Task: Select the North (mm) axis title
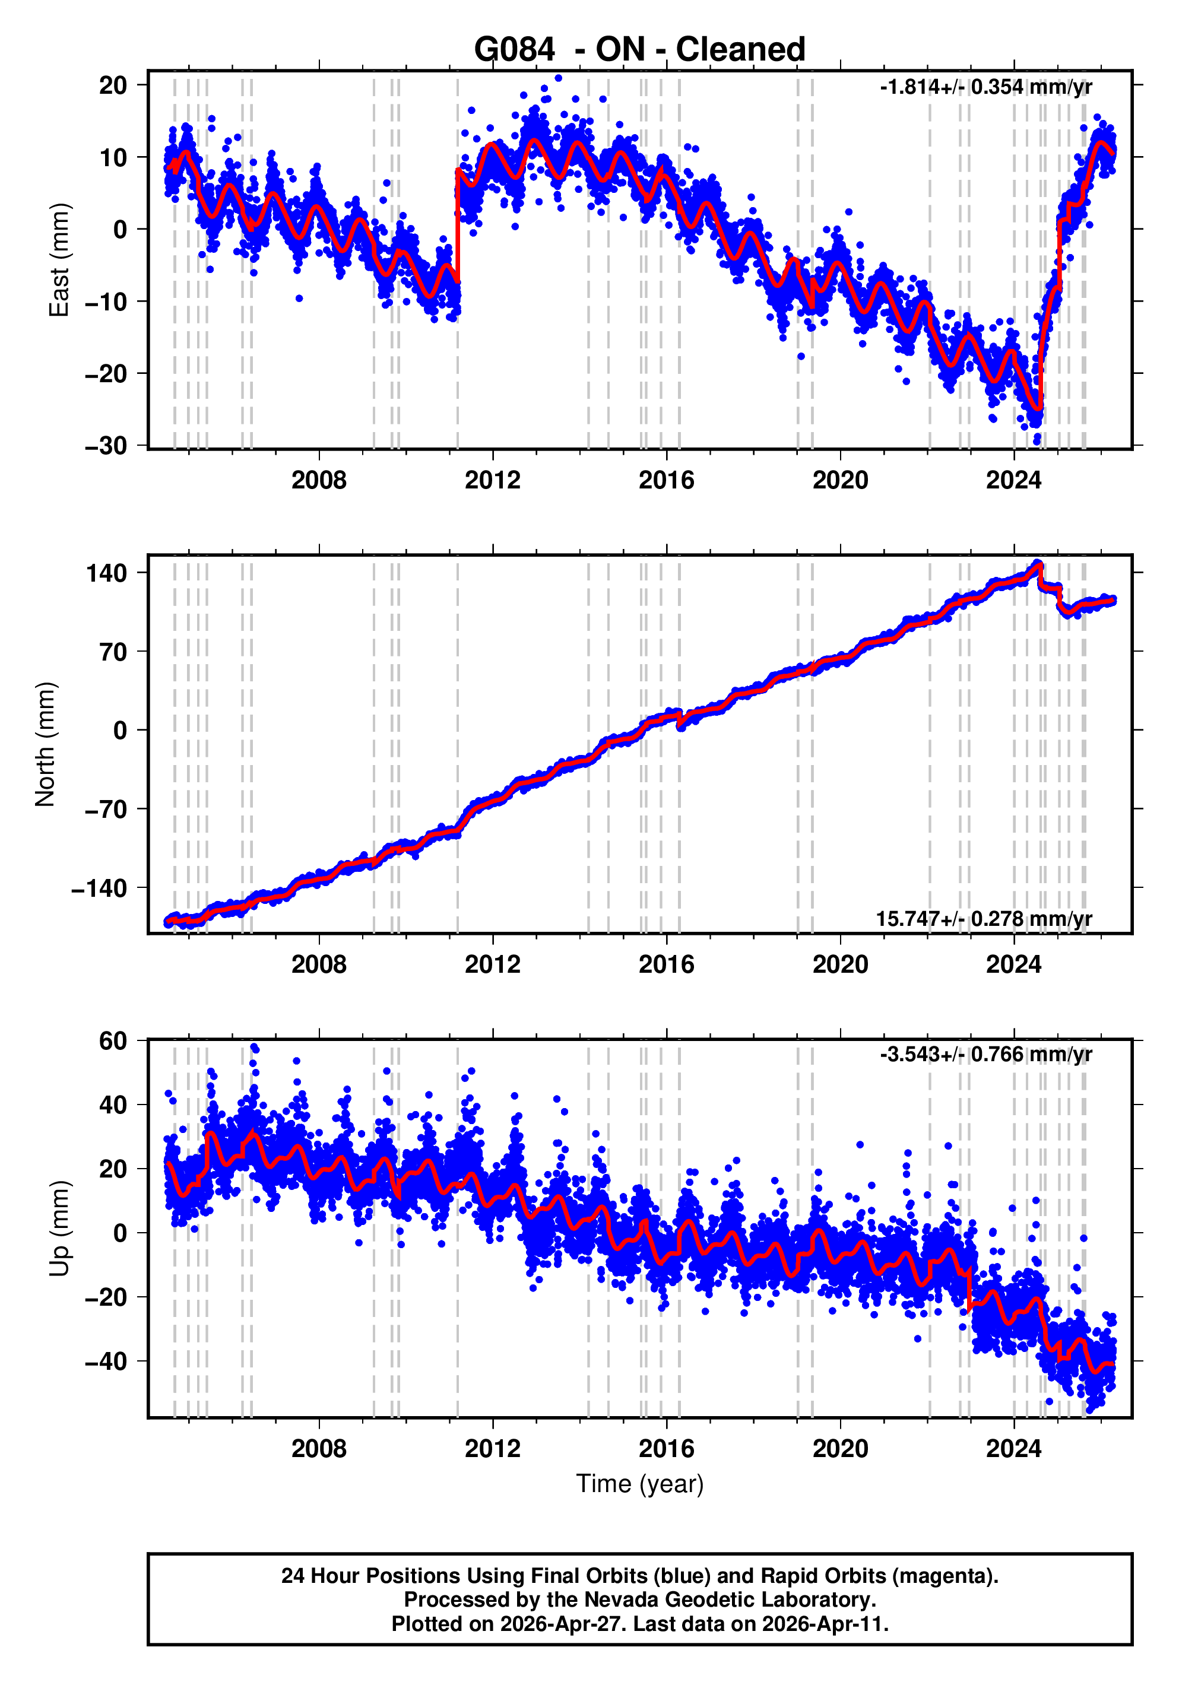point(46,744)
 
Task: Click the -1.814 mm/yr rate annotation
point(985,87)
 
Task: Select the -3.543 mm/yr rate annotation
point(985,1054)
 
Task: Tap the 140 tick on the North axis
point(107,573)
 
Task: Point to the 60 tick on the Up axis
point(113,1040)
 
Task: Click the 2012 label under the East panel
point(492,481)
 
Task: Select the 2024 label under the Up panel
point(1013,1449)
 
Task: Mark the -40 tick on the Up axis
point(106,1361)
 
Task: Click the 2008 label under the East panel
point(319,481)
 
